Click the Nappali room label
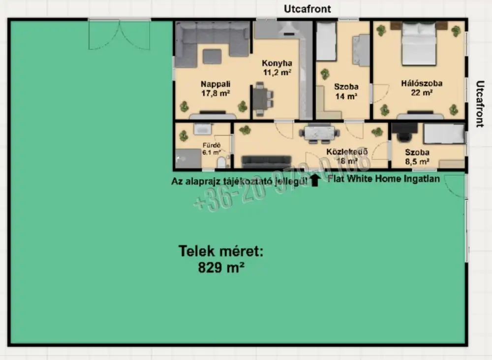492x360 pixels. point(215,84)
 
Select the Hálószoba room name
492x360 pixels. point(421,83)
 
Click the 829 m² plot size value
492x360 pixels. point(221,267)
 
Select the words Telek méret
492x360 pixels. point(221,252)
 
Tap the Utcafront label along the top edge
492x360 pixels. point(307,9)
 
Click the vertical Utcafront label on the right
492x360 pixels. point(480,104)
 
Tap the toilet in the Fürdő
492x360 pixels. point(221,162)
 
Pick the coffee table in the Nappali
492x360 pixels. point(212,56)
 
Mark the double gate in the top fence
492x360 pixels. point(119,34)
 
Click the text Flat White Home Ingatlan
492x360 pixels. point(384,179)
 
